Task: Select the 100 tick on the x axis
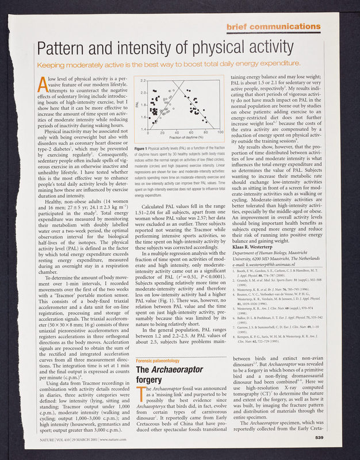pos(220,133)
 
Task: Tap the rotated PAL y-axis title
pos(137,104)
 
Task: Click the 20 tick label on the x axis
pos(162,133)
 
